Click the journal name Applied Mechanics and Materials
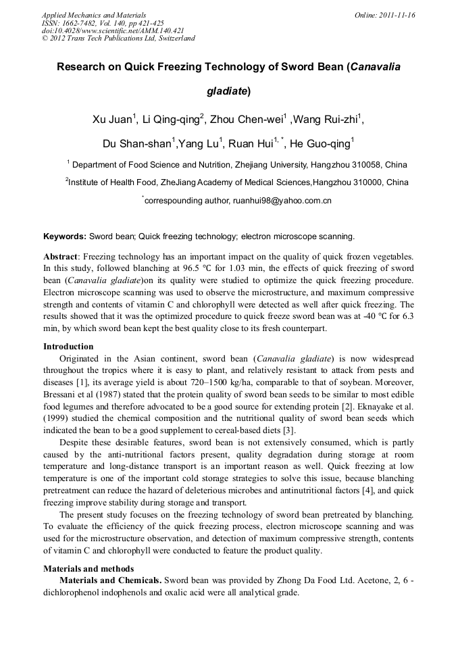94,15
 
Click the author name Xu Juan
113,120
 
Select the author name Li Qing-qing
172,120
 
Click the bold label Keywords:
65,236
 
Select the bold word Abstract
61,257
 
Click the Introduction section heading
68,347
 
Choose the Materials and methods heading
88,569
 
